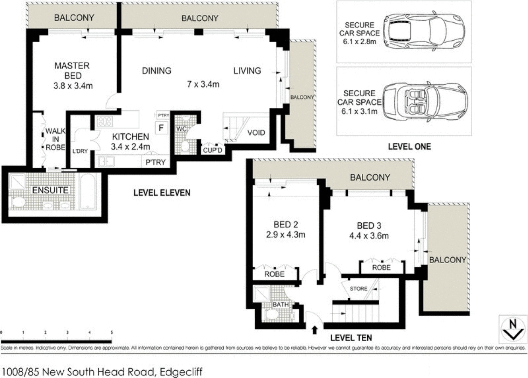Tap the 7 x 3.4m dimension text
203,84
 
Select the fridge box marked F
161,128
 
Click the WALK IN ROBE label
55,139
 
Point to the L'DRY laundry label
80,151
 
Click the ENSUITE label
50,190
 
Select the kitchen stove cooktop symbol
105,121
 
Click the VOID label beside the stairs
256,133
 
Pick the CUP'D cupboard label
213,150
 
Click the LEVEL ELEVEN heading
162,192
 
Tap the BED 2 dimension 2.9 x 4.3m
285,235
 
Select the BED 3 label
369,226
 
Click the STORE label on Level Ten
359,289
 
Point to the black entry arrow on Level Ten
314,330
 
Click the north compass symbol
513,329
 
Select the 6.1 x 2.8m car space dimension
360,42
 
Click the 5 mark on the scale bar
112,332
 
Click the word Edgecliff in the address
181,371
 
